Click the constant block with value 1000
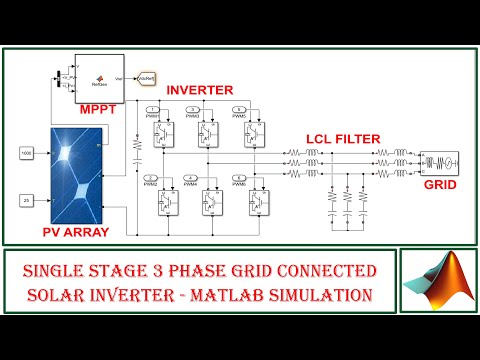pyautogui.click(x=27, y=153)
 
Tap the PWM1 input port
pyautogui.click(x=152, y=108)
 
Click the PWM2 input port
pyautogui.click(x=152, y=178)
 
